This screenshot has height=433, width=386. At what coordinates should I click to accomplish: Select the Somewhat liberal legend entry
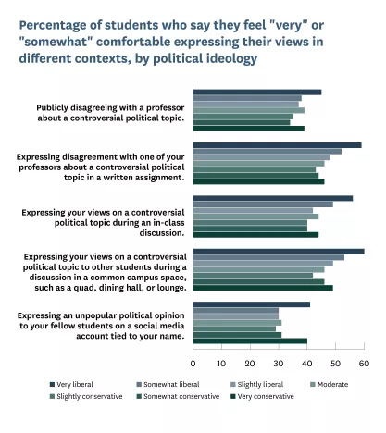pyautogui.click(x=168, y=383)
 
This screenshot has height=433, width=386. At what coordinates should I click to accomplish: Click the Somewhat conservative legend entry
pyautogui.click(x=188, y=396)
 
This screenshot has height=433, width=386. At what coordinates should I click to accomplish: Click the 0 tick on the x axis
pyautogui.click(x=193, y=363)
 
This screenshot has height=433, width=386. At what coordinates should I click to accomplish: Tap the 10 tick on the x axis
pyautogui.click(x=222, y=363)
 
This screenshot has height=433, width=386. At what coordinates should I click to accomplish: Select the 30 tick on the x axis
pyautogui.click(x=279, y=363)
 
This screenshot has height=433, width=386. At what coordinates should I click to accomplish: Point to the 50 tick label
pyautogui.click(x=336, y=363)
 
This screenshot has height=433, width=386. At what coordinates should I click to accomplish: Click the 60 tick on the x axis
pyautogui.click(x=364, y=363)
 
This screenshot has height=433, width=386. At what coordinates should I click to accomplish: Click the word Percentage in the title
pyautogui.click(x=56, y=23)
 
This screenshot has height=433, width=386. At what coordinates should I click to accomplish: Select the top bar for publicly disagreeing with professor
pyautogui.click(x=257, y=93)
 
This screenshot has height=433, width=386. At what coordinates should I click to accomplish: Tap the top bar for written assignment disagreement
pyautogui.click(x=277, y=145)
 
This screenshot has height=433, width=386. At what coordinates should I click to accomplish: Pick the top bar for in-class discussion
pyautogui.click(x=273, y=198)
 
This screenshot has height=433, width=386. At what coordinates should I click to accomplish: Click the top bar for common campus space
pyautogui.click(x=279, y=251)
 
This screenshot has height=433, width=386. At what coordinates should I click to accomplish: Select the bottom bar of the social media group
pyautogui.click(x=250, y=340)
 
